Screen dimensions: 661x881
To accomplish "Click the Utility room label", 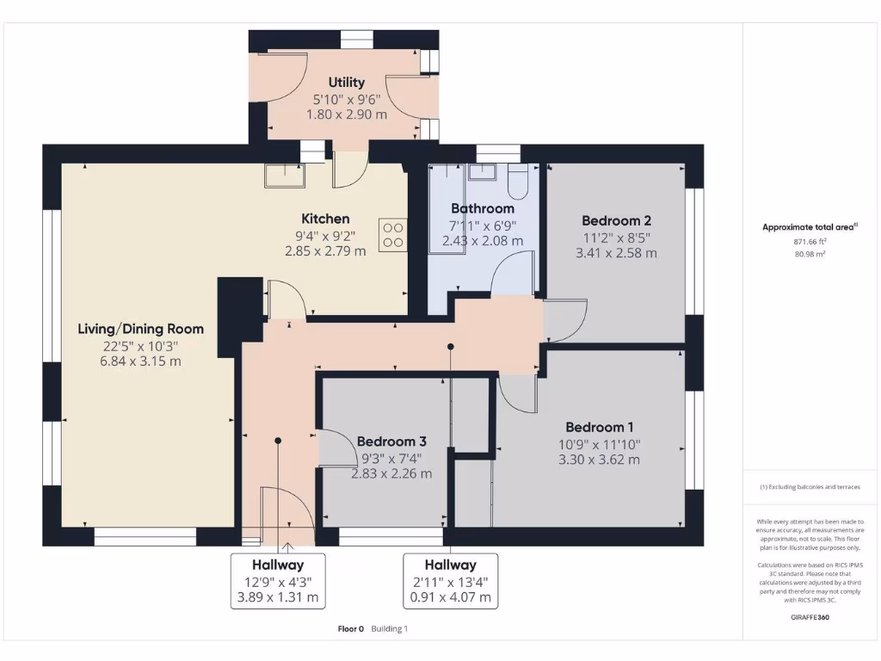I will point(346,83).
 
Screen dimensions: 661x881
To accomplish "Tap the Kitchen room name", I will point(325,219).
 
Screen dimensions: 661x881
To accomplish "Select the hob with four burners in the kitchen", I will point(392,235).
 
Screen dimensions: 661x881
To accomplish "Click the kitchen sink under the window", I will point(284,175).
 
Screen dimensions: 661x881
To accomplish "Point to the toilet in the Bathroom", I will point(519,181).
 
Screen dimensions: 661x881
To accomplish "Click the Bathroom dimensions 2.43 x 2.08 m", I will point(483,241).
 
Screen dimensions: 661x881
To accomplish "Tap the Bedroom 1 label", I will point(600,427).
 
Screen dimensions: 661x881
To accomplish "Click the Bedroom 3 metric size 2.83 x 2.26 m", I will point(391,473).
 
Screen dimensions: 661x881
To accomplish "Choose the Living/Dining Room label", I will point(141,329).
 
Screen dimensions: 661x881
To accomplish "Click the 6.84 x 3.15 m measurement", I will point(141,361).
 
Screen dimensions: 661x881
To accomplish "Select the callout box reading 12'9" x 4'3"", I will point(278,581).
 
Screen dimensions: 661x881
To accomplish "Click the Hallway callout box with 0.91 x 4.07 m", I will point(450,581).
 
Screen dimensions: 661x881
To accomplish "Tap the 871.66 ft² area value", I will point(810,243).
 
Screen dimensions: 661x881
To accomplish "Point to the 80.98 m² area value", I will point(810,255).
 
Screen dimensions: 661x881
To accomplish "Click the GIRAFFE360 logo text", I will point(810,617).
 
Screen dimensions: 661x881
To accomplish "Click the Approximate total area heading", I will point(809,227).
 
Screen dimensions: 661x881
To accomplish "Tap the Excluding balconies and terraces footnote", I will point(810,487).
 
